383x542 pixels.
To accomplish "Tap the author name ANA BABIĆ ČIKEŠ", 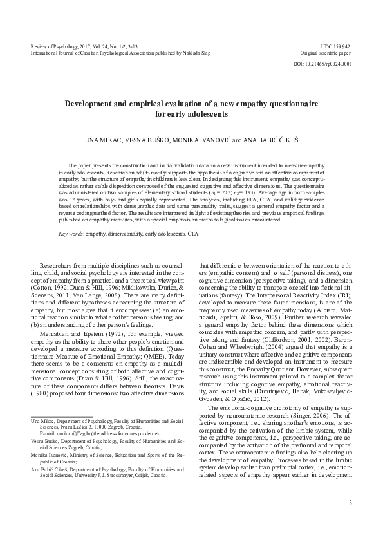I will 264,139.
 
